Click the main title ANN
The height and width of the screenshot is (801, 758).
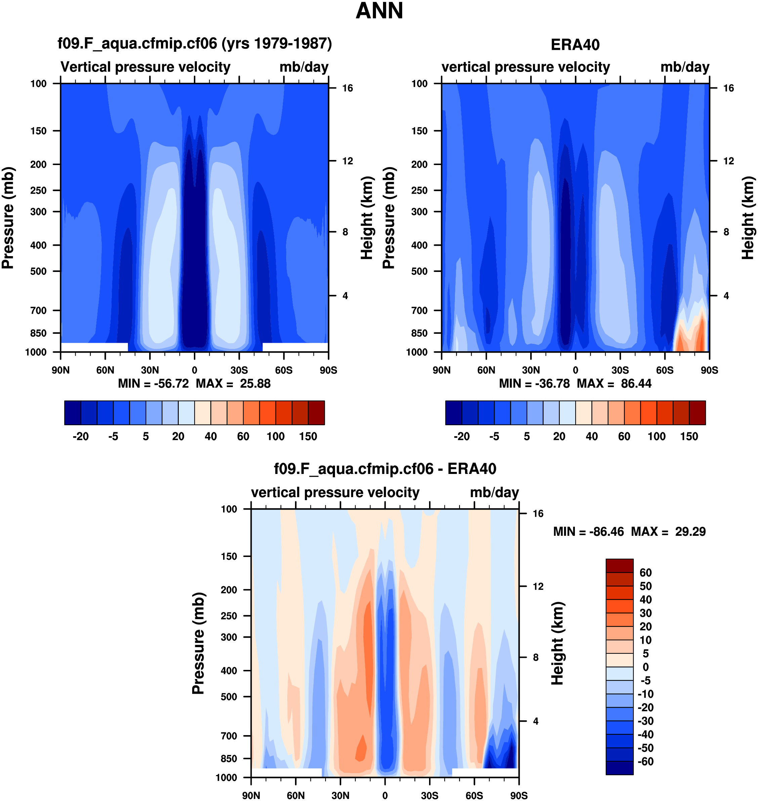point(379,11)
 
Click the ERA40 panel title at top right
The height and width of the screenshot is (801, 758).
point(575,45)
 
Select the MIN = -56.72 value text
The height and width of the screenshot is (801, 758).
point(153,384)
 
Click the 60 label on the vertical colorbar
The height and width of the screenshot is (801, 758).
point(645,573)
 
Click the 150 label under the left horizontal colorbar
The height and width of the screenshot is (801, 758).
point(308,437)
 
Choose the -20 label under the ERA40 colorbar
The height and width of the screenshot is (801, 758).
point(461,437)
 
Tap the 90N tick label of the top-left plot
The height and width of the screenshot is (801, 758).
point(60,370)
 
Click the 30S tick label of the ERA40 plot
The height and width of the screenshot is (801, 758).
point(620,370)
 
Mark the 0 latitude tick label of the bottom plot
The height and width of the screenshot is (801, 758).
point(385,796)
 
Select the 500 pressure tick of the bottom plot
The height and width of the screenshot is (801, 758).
point(229,697)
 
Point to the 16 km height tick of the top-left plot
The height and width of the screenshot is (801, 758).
point(347,88)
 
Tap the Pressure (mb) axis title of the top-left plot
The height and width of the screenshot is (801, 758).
point(8,218)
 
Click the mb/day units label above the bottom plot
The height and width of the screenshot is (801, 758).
point(494,493)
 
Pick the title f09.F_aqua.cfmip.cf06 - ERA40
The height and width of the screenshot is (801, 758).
point(385,469)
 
